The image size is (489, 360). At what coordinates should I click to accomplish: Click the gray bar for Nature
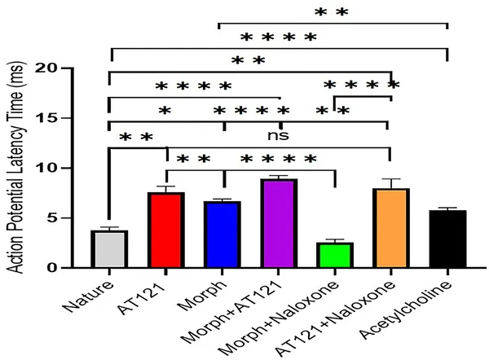pos(109,249)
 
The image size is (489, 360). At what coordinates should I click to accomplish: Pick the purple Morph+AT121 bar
pos(279,223)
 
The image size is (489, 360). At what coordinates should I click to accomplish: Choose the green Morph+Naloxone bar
pos(335,255)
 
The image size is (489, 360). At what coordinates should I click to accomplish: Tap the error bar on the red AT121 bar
pos(166,189)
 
